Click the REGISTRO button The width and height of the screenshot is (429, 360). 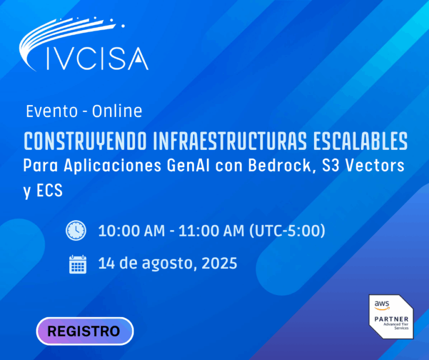85,331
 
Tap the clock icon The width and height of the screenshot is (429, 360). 76,230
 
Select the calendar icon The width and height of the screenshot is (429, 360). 78,264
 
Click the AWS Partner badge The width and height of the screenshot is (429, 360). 391,317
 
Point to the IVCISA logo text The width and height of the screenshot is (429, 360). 97,59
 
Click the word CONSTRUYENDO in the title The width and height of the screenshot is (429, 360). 85,141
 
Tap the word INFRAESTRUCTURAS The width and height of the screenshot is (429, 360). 230,141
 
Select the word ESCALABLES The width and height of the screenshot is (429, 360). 360,141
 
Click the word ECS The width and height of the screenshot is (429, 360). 49,191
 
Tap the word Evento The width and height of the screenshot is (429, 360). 52,111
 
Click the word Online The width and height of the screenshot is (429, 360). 117,111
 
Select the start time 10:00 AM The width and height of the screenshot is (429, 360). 132,231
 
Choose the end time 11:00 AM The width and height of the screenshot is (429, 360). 211,231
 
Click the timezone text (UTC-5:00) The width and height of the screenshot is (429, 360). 287,231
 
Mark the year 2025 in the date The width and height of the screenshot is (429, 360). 220,263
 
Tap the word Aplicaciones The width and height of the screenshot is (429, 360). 112,166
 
